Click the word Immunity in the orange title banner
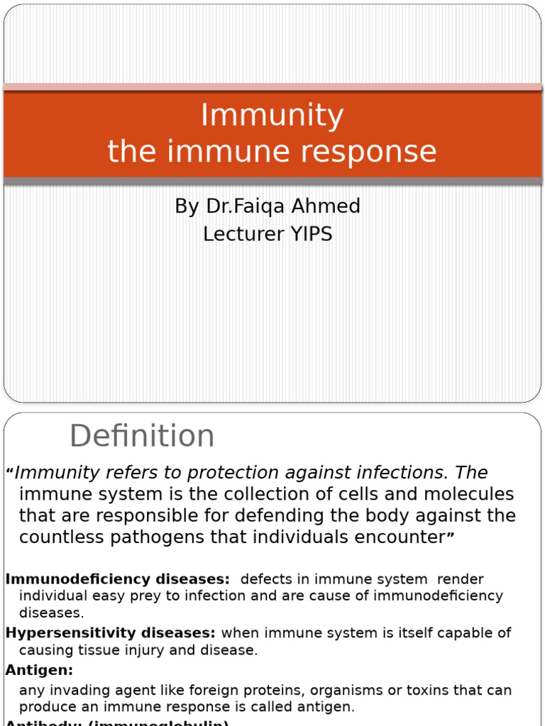(272, 116)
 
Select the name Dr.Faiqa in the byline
(238, 206)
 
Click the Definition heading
(142, 436)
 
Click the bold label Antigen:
(40, 669)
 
